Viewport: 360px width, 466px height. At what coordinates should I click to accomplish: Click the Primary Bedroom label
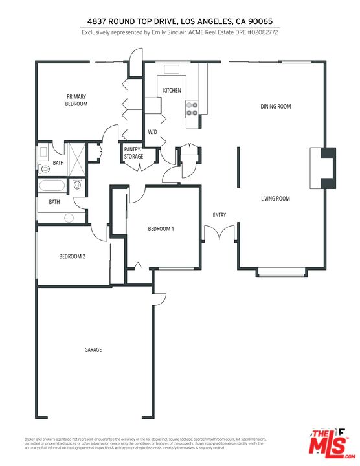point(76,100)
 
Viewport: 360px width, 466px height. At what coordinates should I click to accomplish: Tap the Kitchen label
point(172,91)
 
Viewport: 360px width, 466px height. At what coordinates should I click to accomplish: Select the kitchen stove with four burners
point(192,109)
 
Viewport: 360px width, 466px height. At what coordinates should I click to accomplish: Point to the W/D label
point(153,132)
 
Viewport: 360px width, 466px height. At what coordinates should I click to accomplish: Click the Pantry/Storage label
point(133,153)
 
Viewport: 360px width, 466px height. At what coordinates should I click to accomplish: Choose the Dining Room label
point(275,107)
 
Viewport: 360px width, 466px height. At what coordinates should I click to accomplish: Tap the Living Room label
point(275,199)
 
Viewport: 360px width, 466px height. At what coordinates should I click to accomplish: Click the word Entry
point(219,216)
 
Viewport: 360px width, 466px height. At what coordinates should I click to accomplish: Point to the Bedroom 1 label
point(161,229)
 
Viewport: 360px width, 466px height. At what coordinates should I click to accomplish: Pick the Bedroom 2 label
point(73,257)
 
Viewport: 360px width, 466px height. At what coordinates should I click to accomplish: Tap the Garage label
point(93,350)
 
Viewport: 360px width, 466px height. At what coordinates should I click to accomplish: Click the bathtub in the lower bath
point(52,186)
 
